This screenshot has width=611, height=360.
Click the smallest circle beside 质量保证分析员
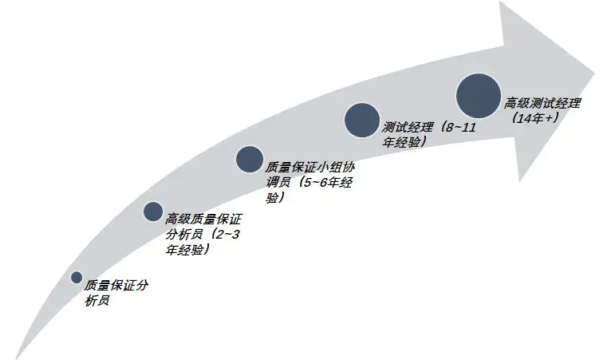click(77, 278)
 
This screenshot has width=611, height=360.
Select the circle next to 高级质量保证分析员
click(153, 211)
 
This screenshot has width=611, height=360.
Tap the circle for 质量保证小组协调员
click(250, 160)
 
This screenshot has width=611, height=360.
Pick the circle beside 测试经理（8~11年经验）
click(361, 120)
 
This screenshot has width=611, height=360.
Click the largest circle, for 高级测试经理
click(479, 95)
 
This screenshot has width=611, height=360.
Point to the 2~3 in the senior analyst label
click(229, 235)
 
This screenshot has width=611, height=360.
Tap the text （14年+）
click(534, 117)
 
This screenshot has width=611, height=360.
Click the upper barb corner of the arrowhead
click(501, 4)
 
